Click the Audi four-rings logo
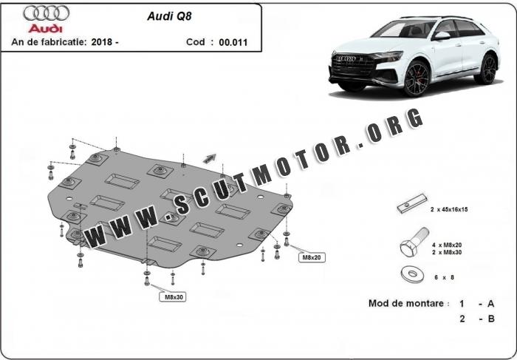[x=46, y=13]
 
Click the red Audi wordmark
[x=45, y=28]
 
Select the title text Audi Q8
[x=169, y=16]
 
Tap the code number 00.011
[x=233, y=42]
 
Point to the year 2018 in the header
[x=102, y=42]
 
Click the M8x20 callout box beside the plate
[x=312, y=257]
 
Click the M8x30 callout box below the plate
[x=173, y=297]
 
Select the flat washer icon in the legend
[x=412, y=274]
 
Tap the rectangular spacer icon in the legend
[x=412, y=203]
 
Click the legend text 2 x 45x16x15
[x=449, y=209]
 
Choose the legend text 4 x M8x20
[x=447, y=245]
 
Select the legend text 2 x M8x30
[x=447, y=252]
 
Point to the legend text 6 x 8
[x=444, y=277]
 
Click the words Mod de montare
[x=406, y=303]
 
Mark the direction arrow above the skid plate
[x=209, y=159]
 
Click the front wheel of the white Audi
[x=417, y=78]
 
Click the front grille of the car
[x=353, y=64]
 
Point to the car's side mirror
[x=442, y=35]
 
